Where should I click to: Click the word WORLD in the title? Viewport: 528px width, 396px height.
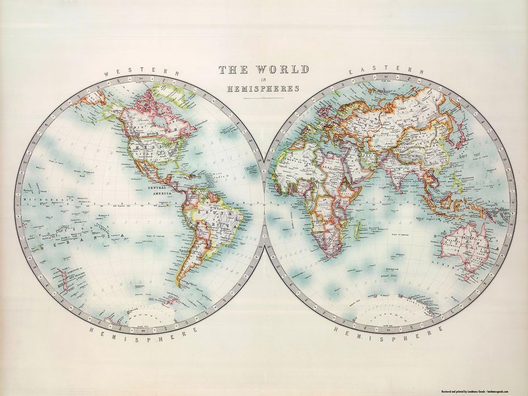282,70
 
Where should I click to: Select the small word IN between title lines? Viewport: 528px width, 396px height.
264,80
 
